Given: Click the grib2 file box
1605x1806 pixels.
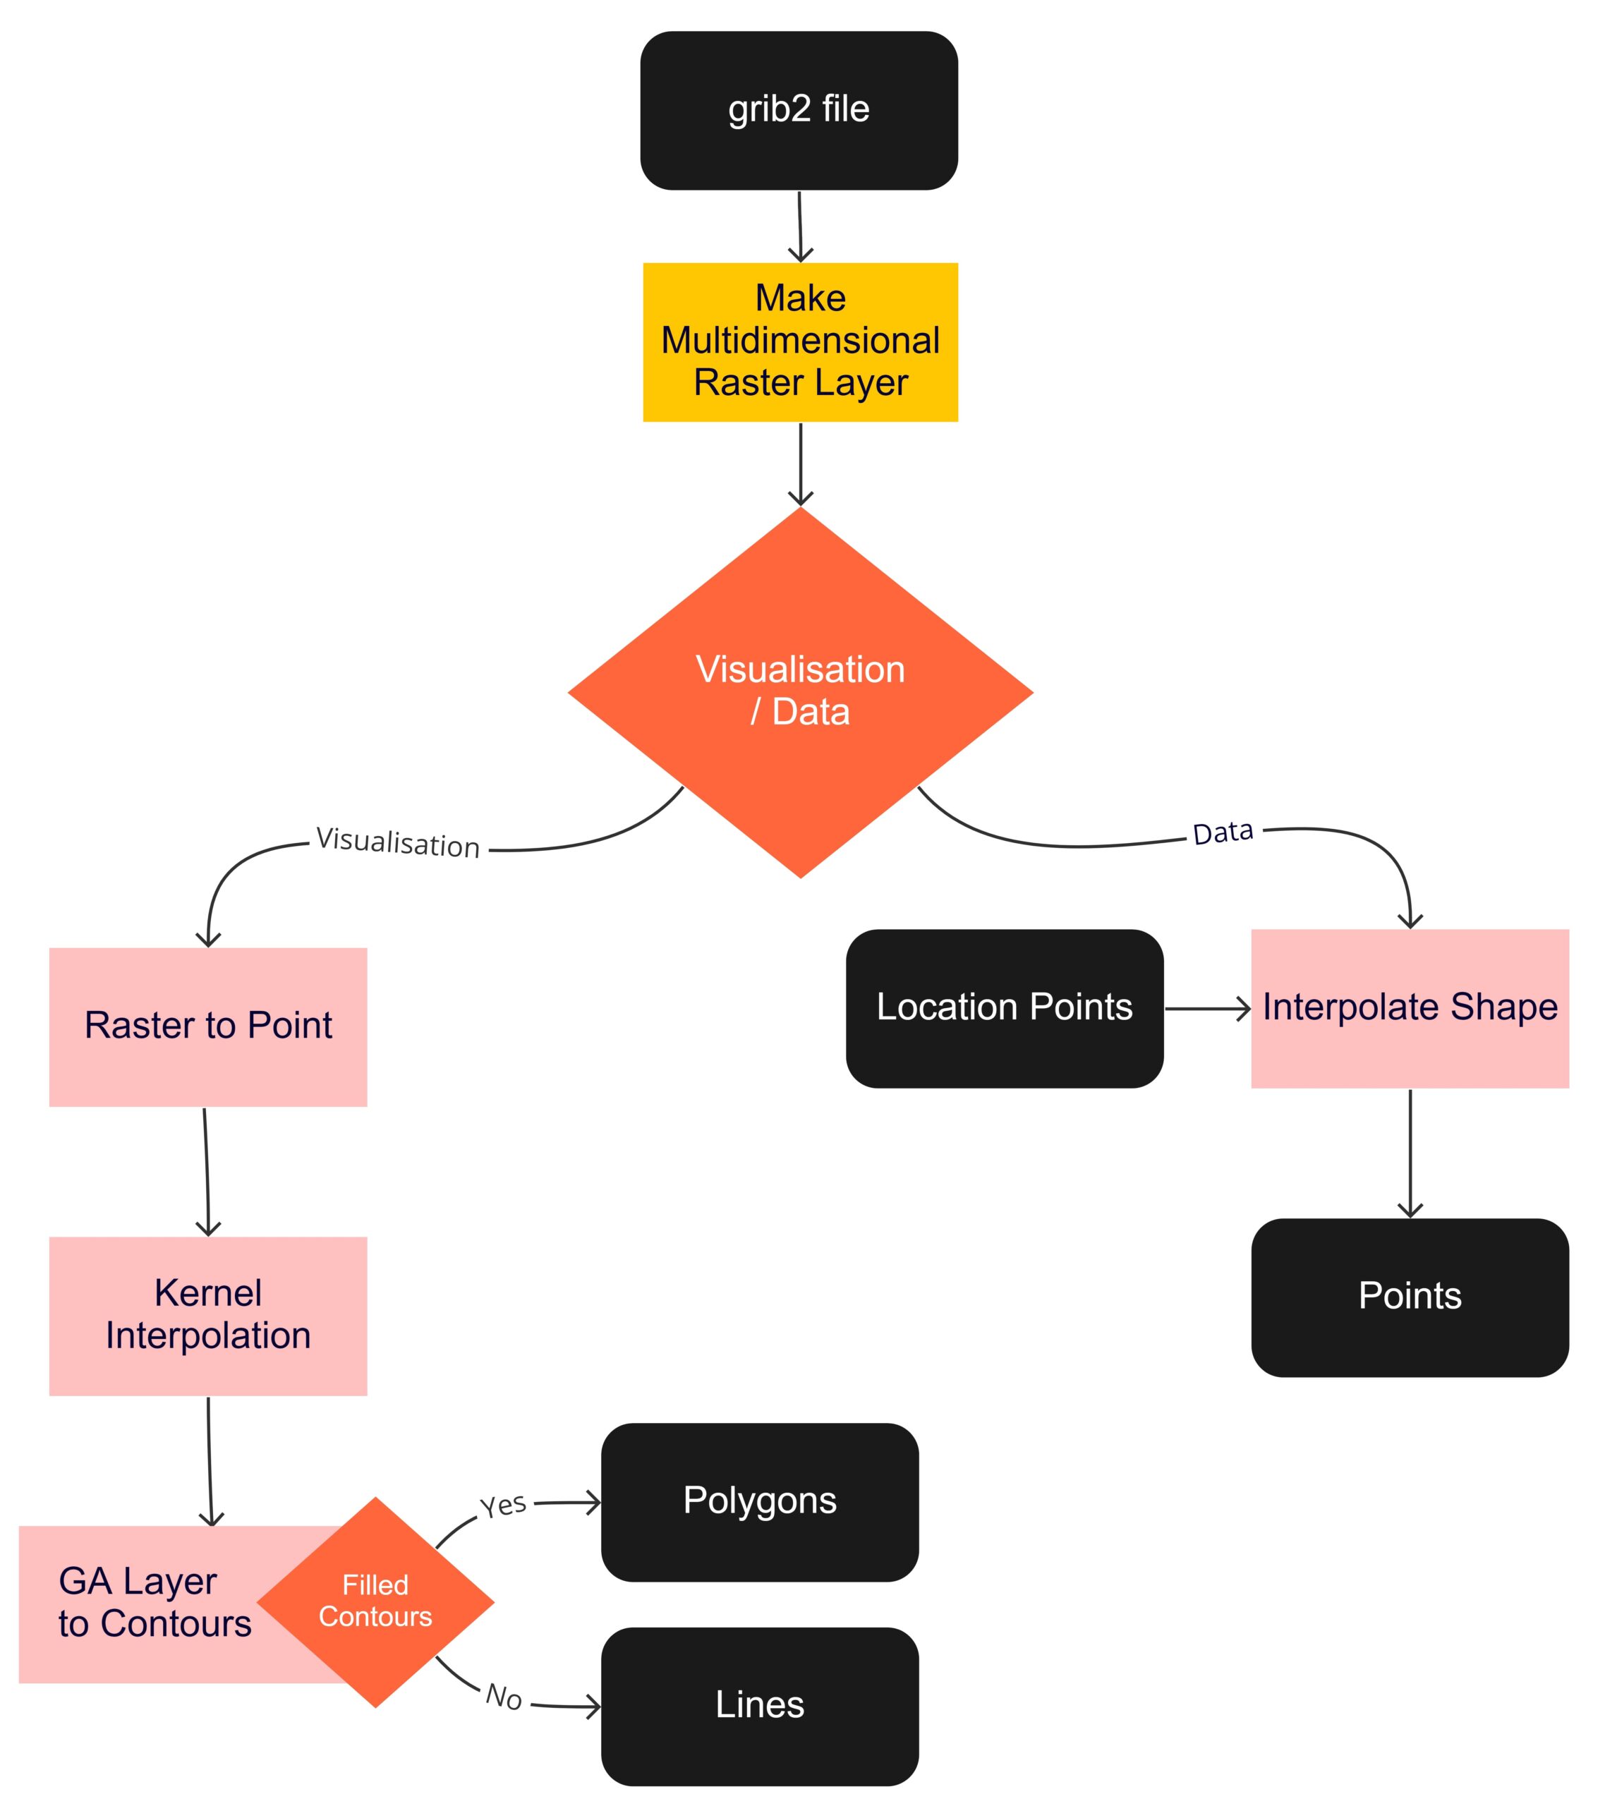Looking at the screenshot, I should (798, 111).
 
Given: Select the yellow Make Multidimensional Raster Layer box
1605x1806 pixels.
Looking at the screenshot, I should (800, 342).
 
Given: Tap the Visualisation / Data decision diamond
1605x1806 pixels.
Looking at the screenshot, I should (800, 692).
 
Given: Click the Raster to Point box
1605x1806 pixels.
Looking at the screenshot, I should (207, 1026).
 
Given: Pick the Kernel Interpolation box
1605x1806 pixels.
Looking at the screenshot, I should (207, 1316).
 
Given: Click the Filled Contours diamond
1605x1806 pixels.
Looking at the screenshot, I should (375, 1601).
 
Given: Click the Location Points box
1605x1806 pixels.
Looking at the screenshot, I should (1004, 1008).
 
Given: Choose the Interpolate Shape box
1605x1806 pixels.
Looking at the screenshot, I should (1410, 1008).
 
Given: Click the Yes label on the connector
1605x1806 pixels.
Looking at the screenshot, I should (503, 1505).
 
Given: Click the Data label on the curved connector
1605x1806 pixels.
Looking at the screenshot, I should (1223, 832).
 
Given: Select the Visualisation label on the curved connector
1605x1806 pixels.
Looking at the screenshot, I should (398, 843).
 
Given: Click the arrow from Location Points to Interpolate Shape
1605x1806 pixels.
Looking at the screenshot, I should (1206, 1008).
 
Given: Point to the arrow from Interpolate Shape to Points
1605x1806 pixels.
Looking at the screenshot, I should (1410, 1153).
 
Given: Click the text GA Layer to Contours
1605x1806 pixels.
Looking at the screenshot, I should (155, 1602).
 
